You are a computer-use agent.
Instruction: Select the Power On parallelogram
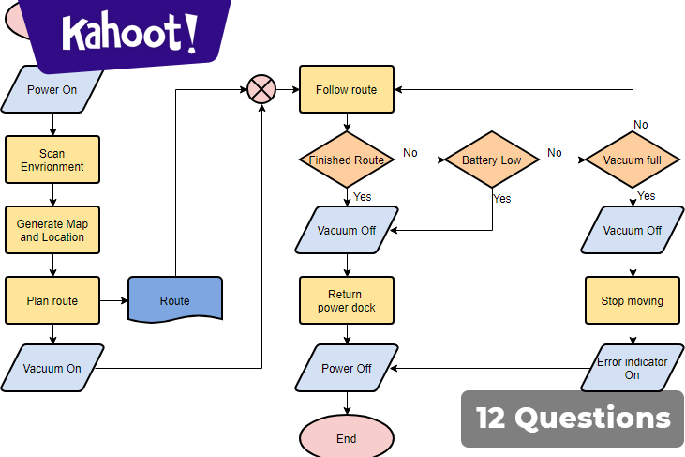(52, 90)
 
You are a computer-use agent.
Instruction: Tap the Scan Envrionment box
(52, 160)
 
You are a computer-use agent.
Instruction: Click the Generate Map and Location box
(52, 231)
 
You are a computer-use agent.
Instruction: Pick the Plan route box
(52, 301)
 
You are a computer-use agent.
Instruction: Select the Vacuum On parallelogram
(52, 368)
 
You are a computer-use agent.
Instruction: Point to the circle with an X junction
(261, 90)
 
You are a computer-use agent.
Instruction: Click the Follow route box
(346, 90)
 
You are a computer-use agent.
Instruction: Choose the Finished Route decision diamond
(346, 160)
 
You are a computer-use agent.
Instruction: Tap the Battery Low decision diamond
(492, 160)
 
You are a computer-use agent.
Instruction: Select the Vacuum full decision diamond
(632, 160)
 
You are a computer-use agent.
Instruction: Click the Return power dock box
(346, 301)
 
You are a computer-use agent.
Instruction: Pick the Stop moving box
(632, 301)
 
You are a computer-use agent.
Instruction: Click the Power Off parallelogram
(346, 368)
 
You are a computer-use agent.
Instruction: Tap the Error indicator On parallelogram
(632, 368)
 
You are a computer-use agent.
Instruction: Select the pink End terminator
(346, 438)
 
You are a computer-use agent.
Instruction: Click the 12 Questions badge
(573, 418)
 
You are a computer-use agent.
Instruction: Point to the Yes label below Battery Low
(502, 199)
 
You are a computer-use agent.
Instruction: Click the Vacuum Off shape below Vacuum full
(632, 231)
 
